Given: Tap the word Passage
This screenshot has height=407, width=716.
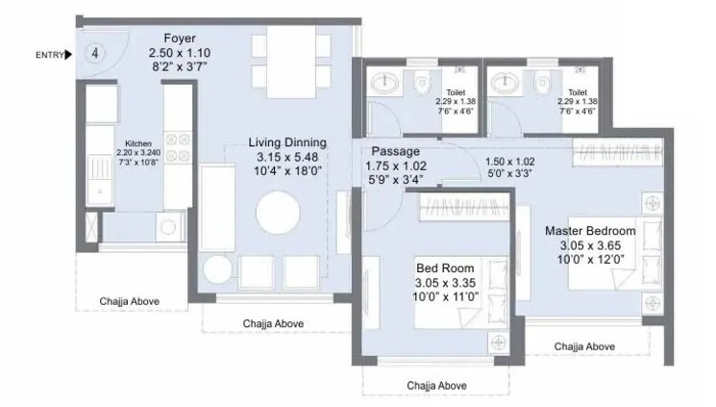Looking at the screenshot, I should pyautogui.click(x=395, y=151).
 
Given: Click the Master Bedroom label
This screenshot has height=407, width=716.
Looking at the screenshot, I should pyautogui.click(x=590, y=231).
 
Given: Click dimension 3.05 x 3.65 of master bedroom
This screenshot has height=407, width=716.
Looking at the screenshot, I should pyautogui.click(x=591, y=246).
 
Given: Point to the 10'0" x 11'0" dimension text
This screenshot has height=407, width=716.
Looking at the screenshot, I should pyautogui.click(x=445, y=298).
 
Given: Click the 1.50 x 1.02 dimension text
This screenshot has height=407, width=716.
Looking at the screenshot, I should pyautogui.click(x=509, y=161).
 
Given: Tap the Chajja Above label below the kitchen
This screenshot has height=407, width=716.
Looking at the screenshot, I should pyautogui.click(x=130, y=302).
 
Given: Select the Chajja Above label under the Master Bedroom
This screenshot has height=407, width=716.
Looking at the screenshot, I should pyautogui.click(x=585, y=345).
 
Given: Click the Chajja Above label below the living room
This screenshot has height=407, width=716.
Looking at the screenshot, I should pyautogui.click(x=273, y=323).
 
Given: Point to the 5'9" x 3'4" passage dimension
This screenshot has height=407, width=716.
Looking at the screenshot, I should pyautogui.click(x=395, y=180).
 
